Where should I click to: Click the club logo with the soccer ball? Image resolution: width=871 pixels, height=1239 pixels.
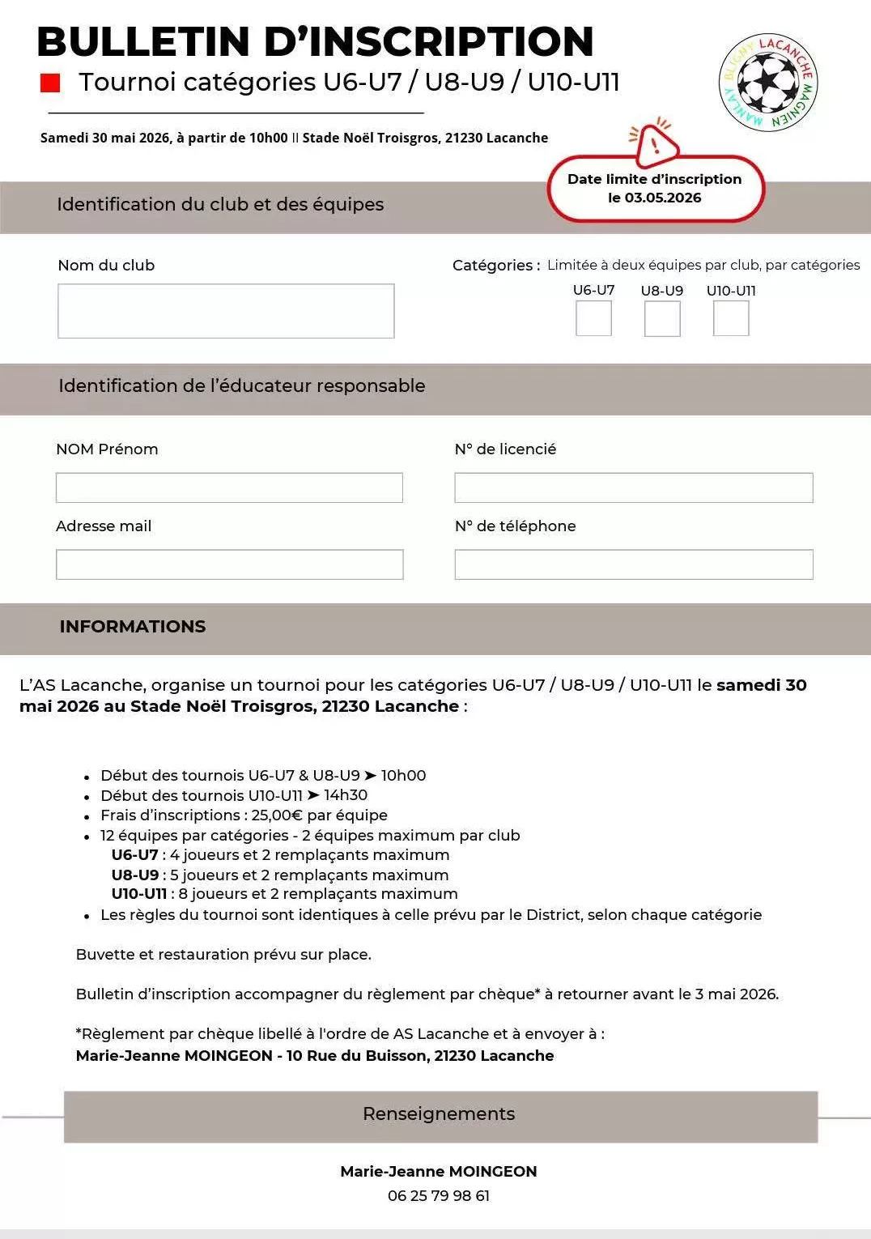point(768,83)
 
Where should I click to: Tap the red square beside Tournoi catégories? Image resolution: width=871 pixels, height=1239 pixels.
point(50,83)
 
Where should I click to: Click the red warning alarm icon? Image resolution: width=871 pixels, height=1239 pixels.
point(655,143)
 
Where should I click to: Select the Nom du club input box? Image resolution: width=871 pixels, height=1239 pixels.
point(226,311)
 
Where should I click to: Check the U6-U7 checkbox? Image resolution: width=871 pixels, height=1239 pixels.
point(593,318)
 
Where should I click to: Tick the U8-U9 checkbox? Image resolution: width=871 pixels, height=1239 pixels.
point(662,318)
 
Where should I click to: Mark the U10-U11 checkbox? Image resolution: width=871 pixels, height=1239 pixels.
point(731,318)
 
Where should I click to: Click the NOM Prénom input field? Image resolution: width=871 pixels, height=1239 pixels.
point(229,488)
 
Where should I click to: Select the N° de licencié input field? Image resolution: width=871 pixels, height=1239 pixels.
point(633,488)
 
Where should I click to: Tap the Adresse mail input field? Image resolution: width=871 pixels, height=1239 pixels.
point(229,564)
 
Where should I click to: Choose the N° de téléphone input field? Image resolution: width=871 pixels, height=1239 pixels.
point(633,564)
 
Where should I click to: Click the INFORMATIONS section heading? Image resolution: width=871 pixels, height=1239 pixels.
point(133,627)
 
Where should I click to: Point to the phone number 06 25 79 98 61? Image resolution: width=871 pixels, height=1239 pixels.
point(439,1196)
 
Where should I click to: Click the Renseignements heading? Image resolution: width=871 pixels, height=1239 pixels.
point(439,1114)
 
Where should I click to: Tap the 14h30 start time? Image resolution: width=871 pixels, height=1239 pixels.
point(346,795)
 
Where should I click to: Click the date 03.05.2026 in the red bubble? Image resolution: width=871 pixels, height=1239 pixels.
point(663,198)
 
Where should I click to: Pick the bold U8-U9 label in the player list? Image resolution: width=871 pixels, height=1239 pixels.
point(135,875)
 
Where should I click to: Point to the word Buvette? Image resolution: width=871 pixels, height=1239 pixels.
point(105,955)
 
